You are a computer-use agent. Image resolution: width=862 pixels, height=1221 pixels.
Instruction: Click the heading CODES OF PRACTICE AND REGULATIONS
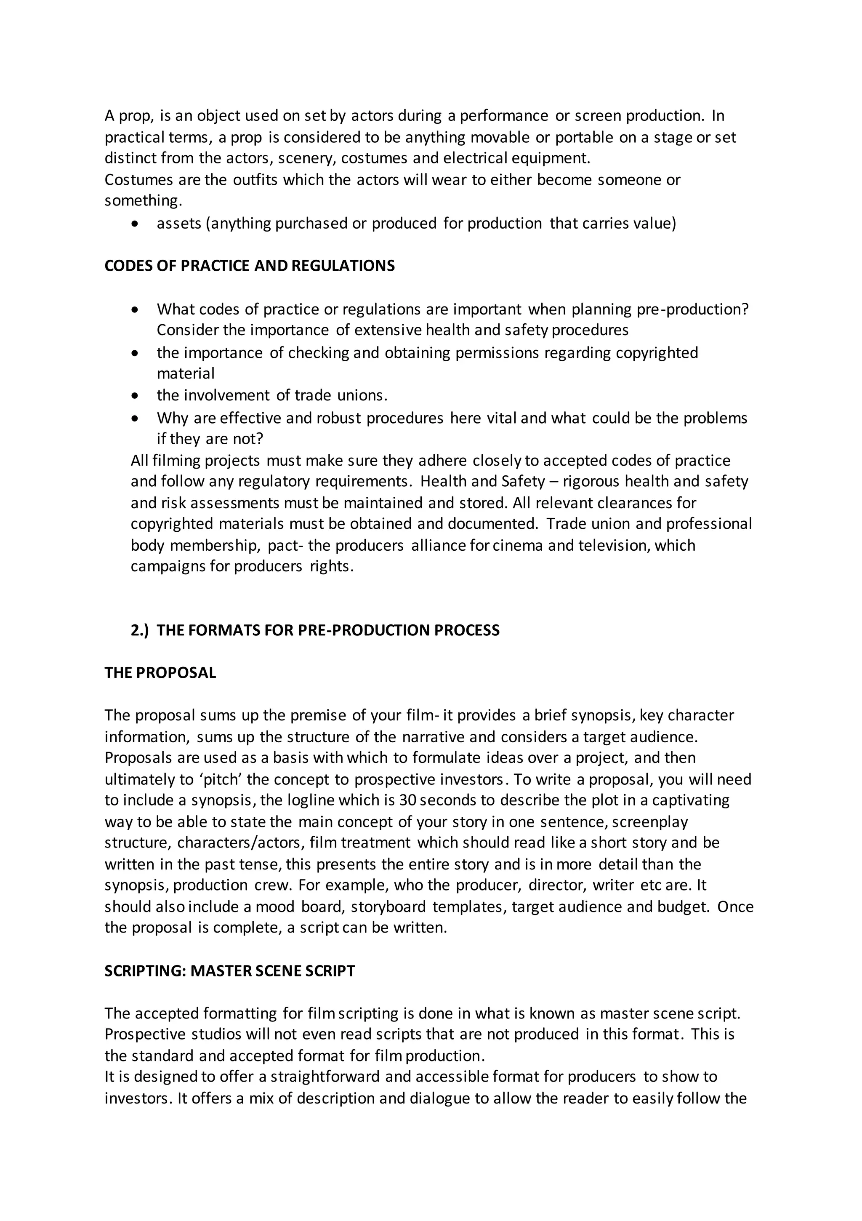pyautogui.click(x=250, y=266)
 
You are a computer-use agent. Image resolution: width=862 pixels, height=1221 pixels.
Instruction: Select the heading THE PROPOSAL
pyautogui.click(x=160, y=673)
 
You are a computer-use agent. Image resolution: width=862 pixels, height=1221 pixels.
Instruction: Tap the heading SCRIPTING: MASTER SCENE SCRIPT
pyautogui.click(x=230, y=971)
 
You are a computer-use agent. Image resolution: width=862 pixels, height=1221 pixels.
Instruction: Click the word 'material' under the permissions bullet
pyautogui.click(x=186, y=374)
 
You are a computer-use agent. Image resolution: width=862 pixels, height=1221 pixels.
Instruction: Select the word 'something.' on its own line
pyautogui.click(x=143, y=201)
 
